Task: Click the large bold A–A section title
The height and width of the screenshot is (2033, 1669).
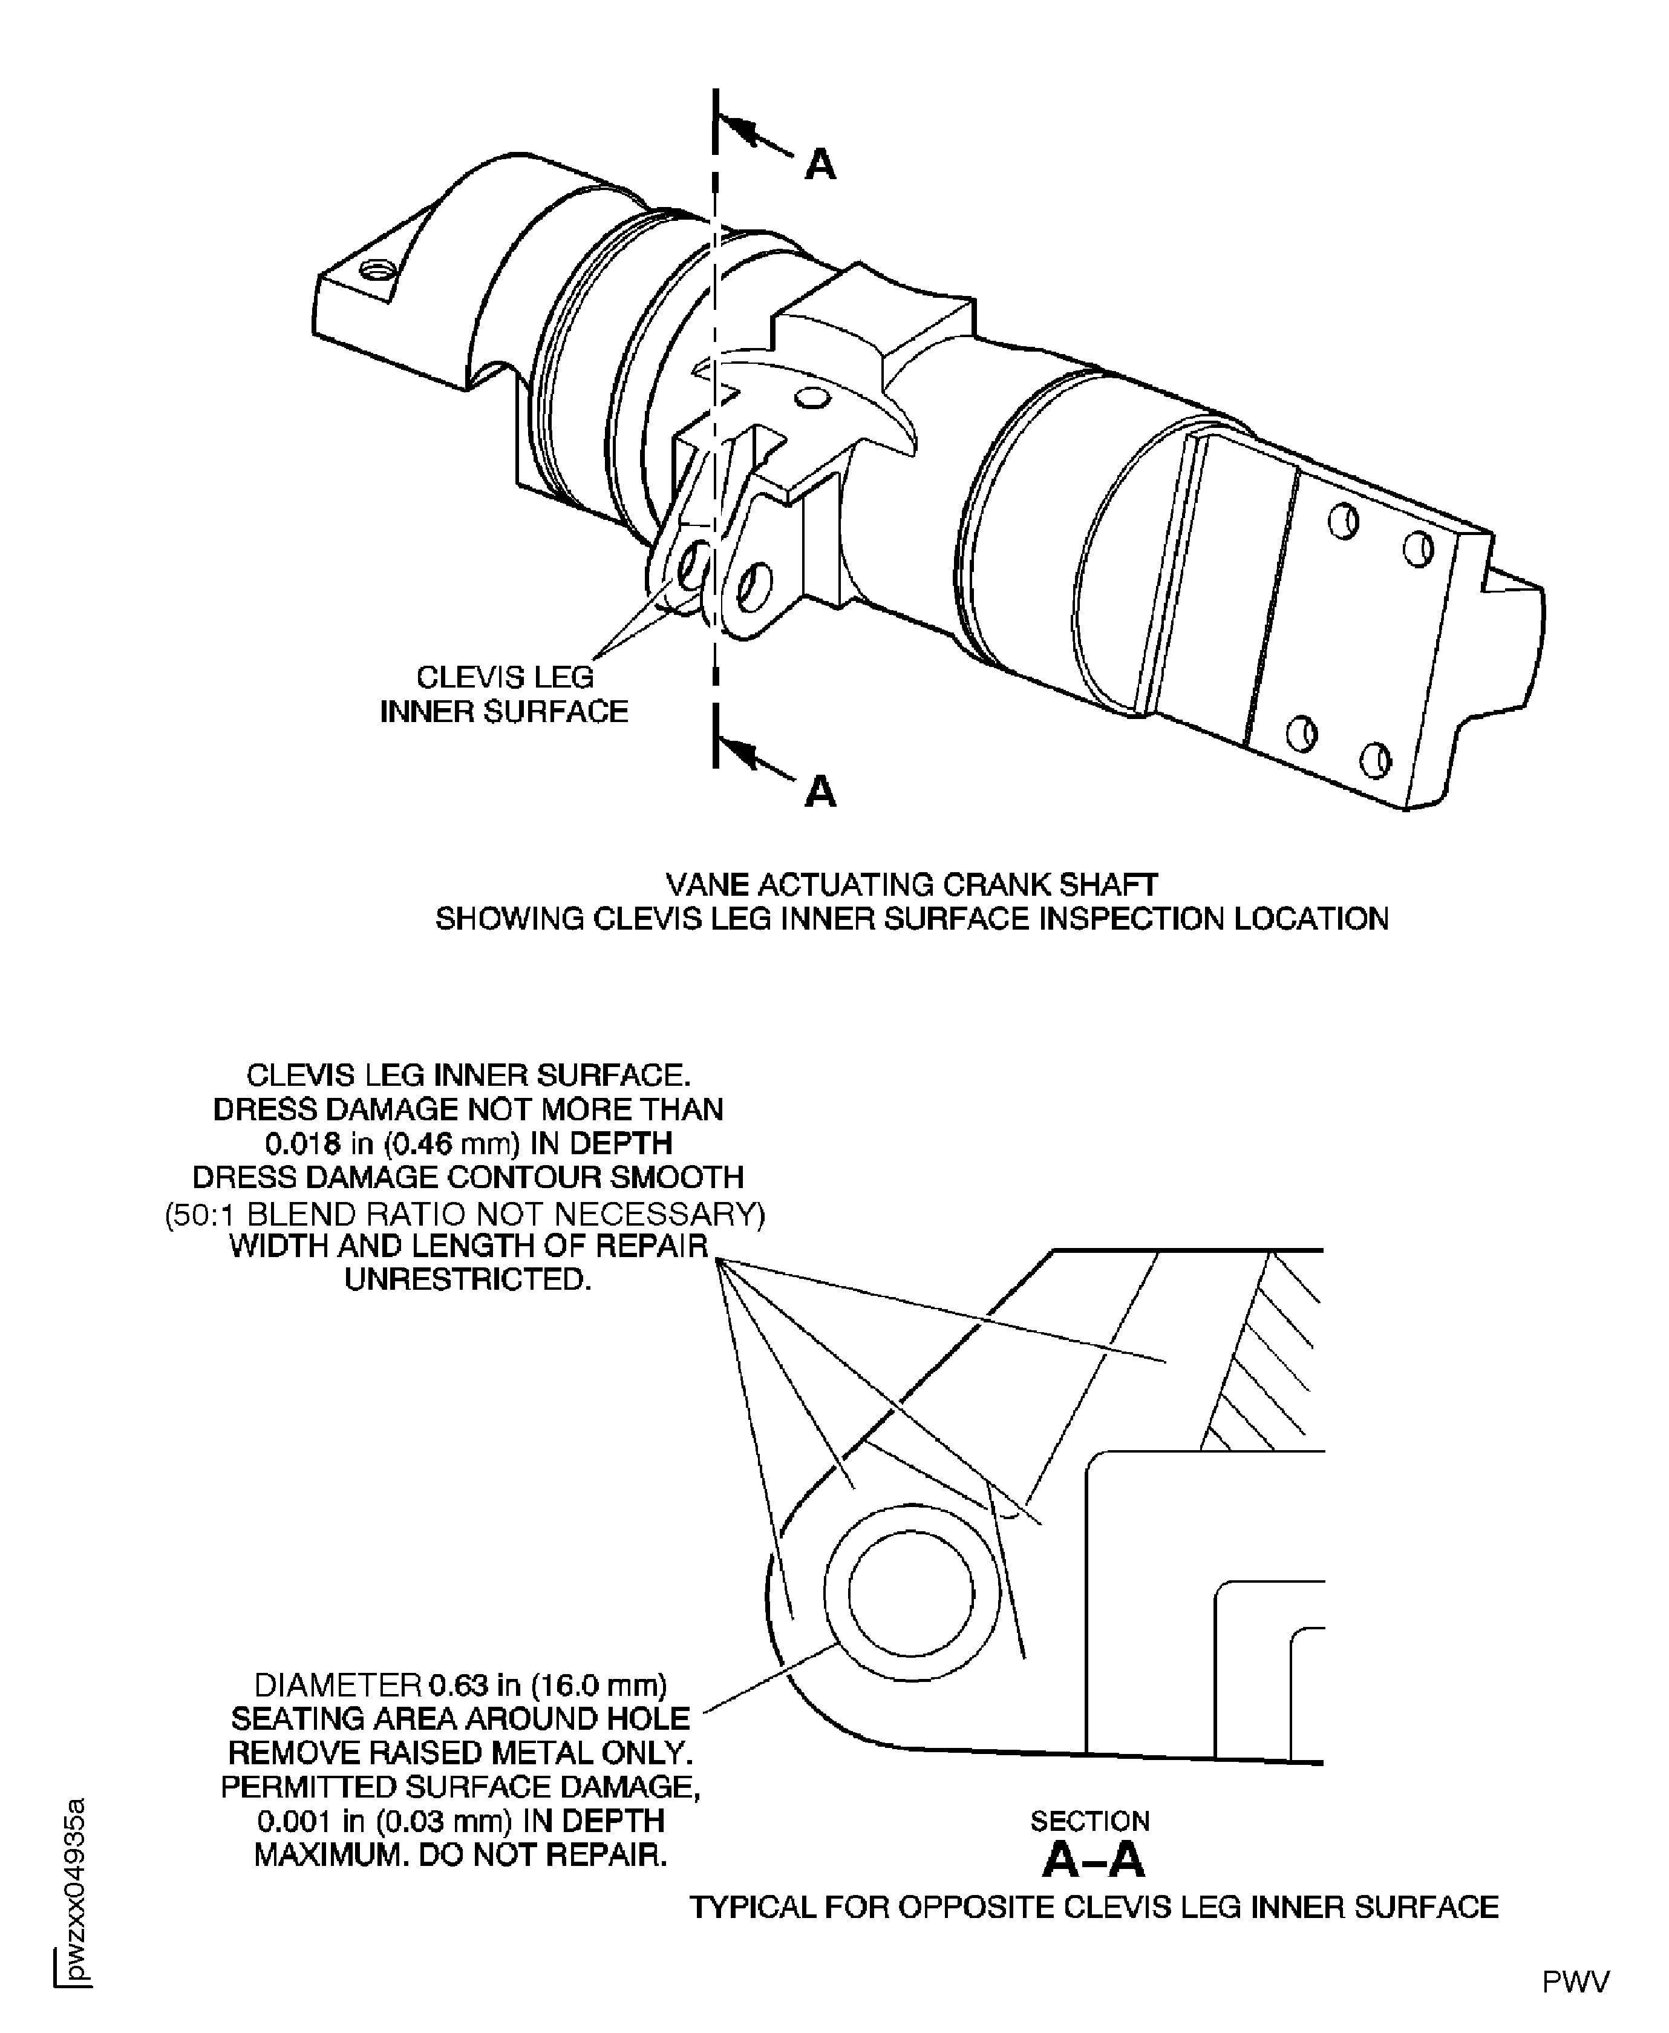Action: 1093,1861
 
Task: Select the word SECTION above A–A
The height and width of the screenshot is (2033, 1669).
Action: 1089,1821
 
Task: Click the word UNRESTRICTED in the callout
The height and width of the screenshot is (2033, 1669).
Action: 467,1280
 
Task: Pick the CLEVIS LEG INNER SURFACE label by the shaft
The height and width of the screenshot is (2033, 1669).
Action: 504,694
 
